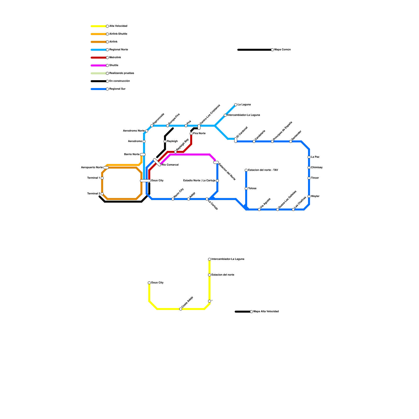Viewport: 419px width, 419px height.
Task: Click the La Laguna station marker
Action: (x=236, y=105)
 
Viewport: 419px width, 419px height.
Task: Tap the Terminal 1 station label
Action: (x=93, y=178)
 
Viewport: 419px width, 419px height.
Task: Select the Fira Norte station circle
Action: (x=191, y=134)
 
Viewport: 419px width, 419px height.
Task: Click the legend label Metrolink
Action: (x=115, y=58)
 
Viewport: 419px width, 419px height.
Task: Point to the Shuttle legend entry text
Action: (x=114, y=65)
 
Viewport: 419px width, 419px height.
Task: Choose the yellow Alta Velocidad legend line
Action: (x=98, y=26)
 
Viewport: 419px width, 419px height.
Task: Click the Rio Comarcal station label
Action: (x=170, y=165)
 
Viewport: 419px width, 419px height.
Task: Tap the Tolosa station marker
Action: (x=246, y=189)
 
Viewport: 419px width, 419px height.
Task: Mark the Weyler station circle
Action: (x=309, y=196)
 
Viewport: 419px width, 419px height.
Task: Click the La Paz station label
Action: (x=315, y=157)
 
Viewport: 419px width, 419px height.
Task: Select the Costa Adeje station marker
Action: (x=181, y=309)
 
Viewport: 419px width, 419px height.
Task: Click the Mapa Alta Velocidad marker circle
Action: (x=251, y=312)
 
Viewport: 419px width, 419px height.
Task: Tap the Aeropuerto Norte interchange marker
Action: (x=106, y=168)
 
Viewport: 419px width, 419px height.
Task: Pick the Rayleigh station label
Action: (x=172, y=141)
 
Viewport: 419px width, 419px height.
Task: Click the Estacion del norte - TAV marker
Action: (x=246, y=170)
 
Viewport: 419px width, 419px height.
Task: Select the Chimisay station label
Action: (x=317, y=168)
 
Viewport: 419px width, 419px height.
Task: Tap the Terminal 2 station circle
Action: (x=102, y=194)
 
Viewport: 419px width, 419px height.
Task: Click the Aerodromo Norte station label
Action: (x=134, y=131)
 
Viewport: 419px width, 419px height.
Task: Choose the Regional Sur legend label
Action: (x=117, y=89)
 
